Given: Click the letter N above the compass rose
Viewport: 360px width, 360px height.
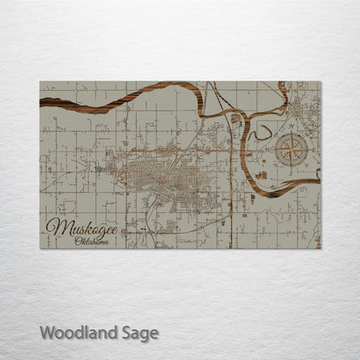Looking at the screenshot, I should point(293,129).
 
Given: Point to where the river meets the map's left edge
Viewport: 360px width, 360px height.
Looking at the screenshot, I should point(41,101).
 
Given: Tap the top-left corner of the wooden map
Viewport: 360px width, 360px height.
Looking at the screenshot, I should point(40,82).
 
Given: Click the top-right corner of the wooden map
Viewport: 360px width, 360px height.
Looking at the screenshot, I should point(320,82).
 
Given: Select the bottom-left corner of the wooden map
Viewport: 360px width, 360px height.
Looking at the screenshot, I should point(40,248).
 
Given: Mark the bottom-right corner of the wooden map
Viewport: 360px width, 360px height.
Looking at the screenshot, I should point(320,248).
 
